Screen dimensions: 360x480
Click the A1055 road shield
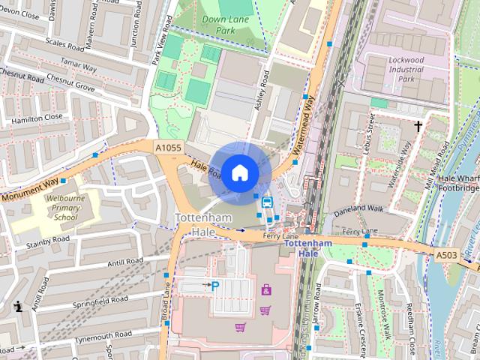[x=168, y=148]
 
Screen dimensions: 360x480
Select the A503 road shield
[x=447, y=256]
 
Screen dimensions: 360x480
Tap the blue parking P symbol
[x=215, y=286]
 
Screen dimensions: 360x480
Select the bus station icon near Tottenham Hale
[x=266, y=202]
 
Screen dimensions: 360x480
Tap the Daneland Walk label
[x=358, y=208]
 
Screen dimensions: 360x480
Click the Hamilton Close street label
[x=37, y=118]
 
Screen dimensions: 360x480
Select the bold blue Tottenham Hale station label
[x=307, y=248]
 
